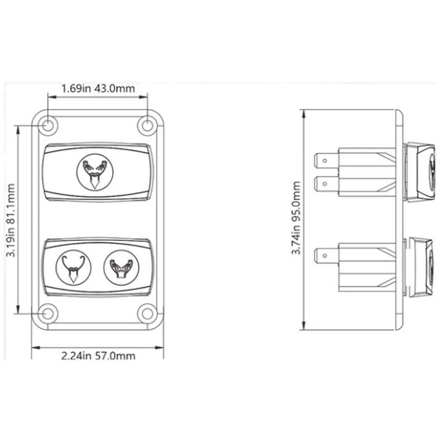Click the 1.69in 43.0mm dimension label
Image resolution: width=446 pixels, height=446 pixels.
point(98,89)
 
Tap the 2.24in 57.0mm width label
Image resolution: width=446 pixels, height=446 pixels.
point(98,356)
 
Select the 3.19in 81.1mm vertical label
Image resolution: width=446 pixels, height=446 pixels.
point(11,220)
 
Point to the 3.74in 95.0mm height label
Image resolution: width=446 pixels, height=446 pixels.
point(296,218)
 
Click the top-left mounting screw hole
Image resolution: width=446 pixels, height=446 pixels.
point(48,125)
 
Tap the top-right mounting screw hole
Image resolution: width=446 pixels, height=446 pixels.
point(147,125)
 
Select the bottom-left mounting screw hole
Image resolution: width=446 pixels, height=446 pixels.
point(48,313)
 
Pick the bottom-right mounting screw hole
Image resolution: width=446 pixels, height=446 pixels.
point(147,313)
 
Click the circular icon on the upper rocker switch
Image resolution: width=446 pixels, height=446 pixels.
point(95,172)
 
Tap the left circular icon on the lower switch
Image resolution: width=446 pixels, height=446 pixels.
point(74,268)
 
